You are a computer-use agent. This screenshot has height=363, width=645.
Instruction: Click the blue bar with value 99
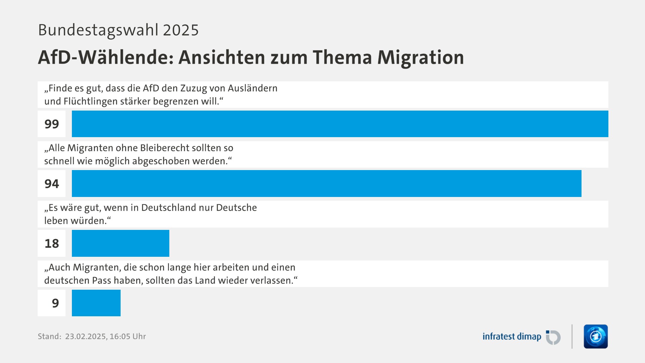click(340, 124)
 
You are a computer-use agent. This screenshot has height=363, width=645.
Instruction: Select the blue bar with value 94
click(327, 184)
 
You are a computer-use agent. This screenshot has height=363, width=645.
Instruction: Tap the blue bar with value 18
click(121, 243)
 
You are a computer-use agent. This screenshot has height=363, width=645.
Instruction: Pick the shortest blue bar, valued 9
click(96, 303)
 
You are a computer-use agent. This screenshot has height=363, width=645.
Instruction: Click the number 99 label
click(52, 124)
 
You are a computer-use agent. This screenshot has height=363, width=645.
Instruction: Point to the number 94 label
click(52, 184)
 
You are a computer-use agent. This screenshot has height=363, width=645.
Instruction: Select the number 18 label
click(52, 244)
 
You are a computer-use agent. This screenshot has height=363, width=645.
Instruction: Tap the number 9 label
click(55, 303)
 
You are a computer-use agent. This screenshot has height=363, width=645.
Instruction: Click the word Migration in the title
click(420, 57)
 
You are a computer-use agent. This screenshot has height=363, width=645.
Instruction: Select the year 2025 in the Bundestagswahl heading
click(181, 30)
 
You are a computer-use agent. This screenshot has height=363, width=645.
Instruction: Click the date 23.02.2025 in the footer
click(86, 336)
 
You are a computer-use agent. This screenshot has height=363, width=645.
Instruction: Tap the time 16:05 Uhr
click(128, 336)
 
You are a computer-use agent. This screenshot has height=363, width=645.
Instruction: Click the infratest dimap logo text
click(512, 336)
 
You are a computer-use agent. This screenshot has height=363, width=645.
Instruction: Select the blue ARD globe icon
click(596, 336)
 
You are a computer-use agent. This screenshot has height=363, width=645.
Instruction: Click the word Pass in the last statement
click(101, 281)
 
